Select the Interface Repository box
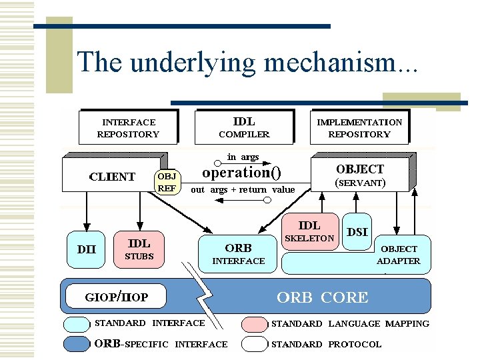click(x=128, y=127)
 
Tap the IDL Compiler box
click(x=244, y=127)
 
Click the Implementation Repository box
click(x=359, y=127)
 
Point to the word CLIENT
click(x=112, y=177)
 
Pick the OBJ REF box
click(x=167, y=182)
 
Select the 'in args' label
click(x=243, y=157)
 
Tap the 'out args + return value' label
click(x=243, y=190)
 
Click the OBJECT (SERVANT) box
click(x=360, y=175)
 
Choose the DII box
click(x=85, y=250)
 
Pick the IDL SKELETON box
click(x=309, y=231)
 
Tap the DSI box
click(x=358, y=232)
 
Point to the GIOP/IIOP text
click(x=117, y=296)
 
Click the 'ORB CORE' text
click(x=322, y=297)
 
